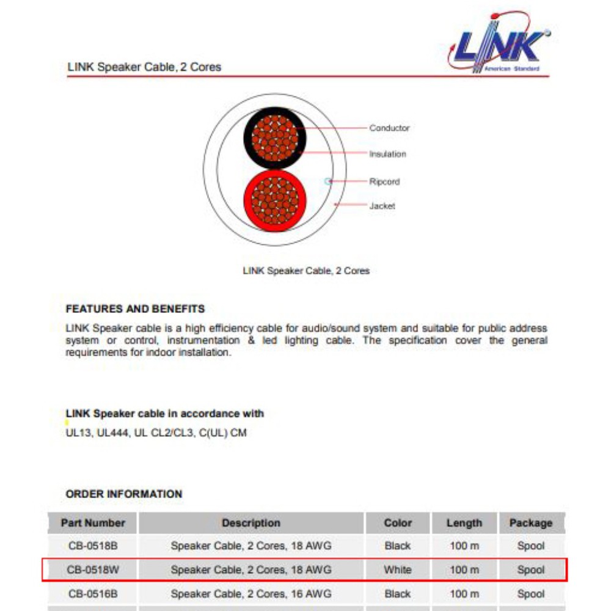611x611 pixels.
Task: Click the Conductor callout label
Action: [389, 128]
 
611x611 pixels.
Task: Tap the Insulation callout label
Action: [387, 154]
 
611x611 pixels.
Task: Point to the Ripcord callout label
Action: [384, 181]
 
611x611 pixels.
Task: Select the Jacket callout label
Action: [382, 206]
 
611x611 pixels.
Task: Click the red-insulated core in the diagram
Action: [275, 201]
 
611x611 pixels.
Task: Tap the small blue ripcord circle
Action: [328, 181]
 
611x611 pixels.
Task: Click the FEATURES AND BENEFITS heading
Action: [135, 309]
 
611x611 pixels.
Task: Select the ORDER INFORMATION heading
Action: [124, 494]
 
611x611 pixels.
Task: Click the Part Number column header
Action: [93, 523]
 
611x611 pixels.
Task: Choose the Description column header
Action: [251, 523]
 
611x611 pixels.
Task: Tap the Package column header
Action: [530, 523]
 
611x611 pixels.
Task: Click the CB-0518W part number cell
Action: [93, 570]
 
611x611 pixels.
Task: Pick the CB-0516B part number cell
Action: [93, 594]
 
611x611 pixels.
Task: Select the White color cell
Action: [398, 570]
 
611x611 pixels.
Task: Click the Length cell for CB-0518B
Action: [464, 546]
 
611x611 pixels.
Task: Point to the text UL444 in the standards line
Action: [112, 433]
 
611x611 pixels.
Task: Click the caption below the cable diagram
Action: [306, 270]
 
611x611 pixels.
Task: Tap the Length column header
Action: [464, 523]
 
